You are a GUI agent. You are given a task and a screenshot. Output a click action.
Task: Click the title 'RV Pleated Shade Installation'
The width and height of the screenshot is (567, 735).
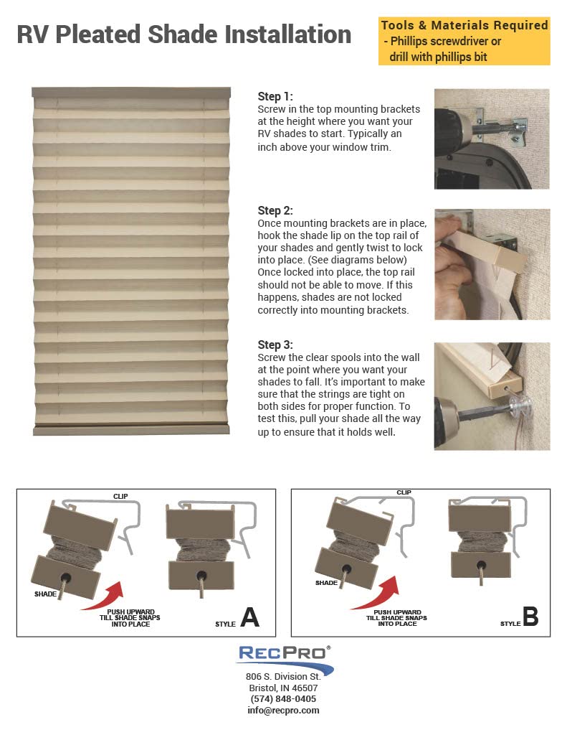coord(184,34)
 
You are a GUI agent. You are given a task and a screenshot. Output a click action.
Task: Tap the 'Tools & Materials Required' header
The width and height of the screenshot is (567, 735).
coord(464,26)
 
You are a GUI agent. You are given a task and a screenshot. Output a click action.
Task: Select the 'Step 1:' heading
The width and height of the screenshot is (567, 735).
coord(275,96)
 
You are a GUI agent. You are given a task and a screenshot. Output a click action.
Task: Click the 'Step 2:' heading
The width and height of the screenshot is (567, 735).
coord(275,210)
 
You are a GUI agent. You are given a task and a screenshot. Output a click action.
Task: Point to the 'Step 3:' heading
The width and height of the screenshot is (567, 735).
coord(275,345)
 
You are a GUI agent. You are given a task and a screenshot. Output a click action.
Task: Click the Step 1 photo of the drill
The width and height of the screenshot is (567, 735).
coord(492,139)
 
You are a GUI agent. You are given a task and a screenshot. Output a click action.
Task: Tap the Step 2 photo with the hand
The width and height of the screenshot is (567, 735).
coord(492,264)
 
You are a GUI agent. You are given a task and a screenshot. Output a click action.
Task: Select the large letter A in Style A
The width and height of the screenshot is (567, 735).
coord(249,617)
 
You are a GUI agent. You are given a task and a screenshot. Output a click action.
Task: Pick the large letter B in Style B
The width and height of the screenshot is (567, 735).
coord(530,617)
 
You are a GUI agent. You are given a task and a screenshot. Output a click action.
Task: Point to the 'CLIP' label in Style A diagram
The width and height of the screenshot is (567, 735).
coord(120,496)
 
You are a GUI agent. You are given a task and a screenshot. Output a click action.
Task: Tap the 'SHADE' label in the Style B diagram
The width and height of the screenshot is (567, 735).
coord(326,583)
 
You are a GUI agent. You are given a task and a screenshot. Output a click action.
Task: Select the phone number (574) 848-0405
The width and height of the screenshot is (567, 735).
coord(283,698)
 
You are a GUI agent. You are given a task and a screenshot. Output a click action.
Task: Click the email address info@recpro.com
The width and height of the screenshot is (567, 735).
coord(283,710)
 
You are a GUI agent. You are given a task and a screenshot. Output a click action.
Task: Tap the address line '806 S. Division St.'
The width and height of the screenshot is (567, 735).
coord(283,676)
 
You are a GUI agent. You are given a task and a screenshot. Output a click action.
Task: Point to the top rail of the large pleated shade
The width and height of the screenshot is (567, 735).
coord(131,93)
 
